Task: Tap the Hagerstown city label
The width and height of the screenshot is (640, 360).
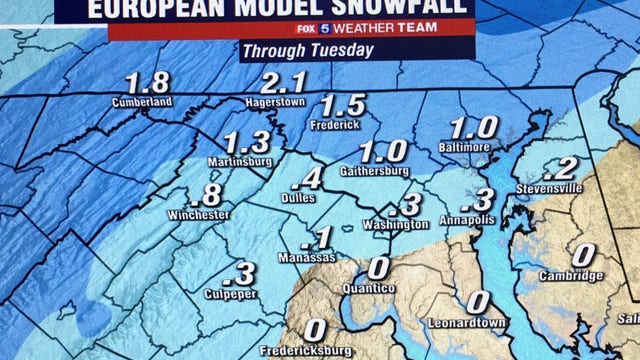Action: click(x=274, y=102)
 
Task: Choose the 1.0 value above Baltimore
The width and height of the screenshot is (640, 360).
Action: click(x=474, y=128)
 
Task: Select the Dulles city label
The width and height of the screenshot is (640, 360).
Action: click(x=299, y=198)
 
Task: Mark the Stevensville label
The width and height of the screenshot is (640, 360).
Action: click(x=549, y=188)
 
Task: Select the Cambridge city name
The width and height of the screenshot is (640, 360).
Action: click(x=571, y=276)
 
